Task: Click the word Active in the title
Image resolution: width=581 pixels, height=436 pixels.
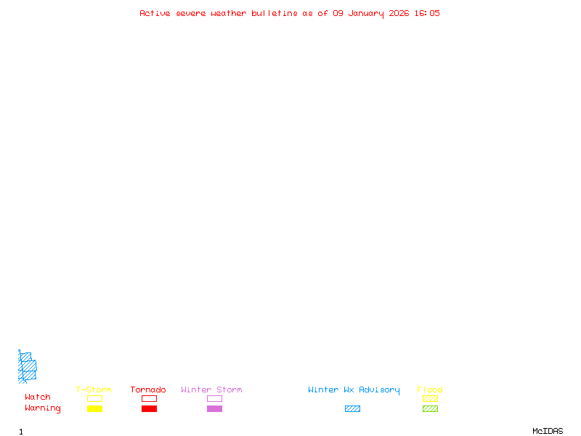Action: click(x=155, y=13)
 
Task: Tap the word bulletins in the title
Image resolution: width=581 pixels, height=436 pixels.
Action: click(x=275, y=13)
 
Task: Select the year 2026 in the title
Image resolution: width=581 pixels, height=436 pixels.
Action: click(x=399, y=13)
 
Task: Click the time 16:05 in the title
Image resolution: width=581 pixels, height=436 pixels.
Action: click(x=428, y=13)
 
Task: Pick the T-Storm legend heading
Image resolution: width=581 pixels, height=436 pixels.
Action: click(x=94, y=390)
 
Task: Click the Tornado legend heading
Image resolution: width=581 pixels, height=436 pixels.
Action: click(x=148, y=390)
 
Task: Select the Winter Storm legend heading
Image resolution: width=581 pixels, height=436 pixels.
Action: click(x=211, y=390)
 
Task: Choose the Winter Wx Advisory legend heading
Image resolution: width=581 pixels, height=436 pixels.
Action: click(x=354, y=390)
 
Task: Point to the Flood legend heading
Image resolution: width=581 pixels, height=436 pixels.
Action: click(x=430, y=390)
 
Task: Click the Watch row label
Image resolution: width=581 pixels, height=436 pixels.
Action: click(x=38, y=397)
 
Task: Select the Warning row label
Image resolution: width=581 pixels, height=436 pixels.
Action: click(x=43, y=408)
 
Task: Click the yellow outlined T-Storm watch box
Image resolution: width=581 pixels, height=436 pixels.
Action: click(x=94, y=398)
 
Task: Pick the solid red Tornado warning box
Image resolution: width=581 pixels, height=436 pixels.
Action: click(x=149, y=408)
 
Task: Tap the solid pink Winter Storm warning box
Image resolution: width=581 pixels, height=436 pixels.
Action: click(x=214, y=408)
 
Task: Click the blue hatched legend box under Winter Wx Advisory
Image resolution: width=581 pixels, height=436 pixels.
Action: click(x=352, y=408)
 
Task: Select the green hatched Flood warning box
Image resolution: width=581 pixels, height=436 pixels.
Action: click(x=430, y=408)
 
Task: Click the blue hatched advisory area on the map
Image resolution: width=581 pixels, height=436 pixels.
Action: click(x=28, y=367)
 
